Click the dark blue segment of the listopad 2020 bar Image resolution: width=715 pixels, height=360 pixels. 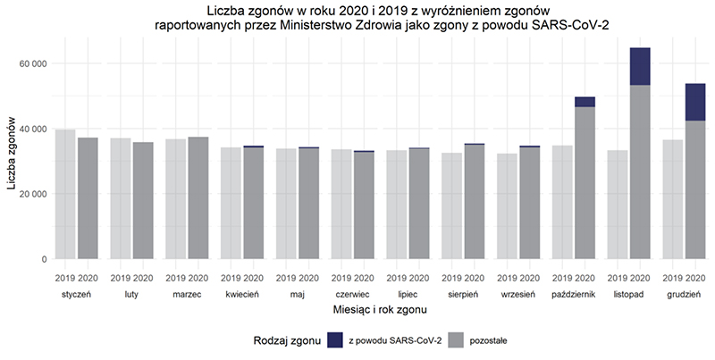[x=639, y=66]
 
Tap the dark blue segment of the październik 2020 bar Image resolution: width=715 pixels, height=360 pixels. [x=585, y=102]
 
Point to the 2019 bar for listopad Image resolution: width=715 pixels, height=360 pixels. [x=616, y=205]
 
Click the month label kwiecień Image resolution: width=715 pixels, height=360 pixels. [x=240, y=293]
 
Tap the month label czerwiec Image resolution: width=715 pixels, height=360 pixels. [x=349, y=293]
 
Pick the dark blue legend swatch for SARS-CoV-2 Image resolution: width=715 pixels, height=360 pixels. [x=335, y=339]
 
